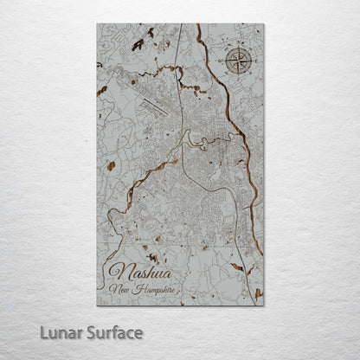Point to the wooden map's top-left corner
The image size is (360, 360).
tap(97, 24)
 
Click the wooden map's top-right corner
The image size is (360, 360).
tap(263, 24)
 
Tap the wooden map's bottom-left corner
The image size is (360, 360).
tap(97, 305)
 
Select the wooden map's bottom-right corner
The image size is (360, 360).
tap(263, 305)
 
